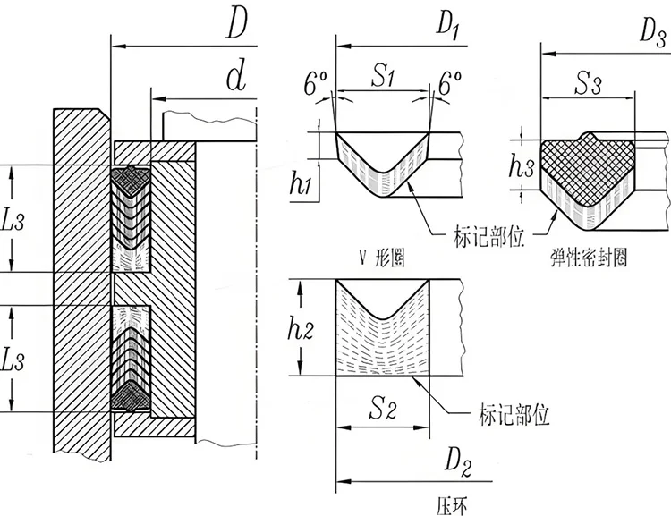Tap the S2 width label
click(383, 411)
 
